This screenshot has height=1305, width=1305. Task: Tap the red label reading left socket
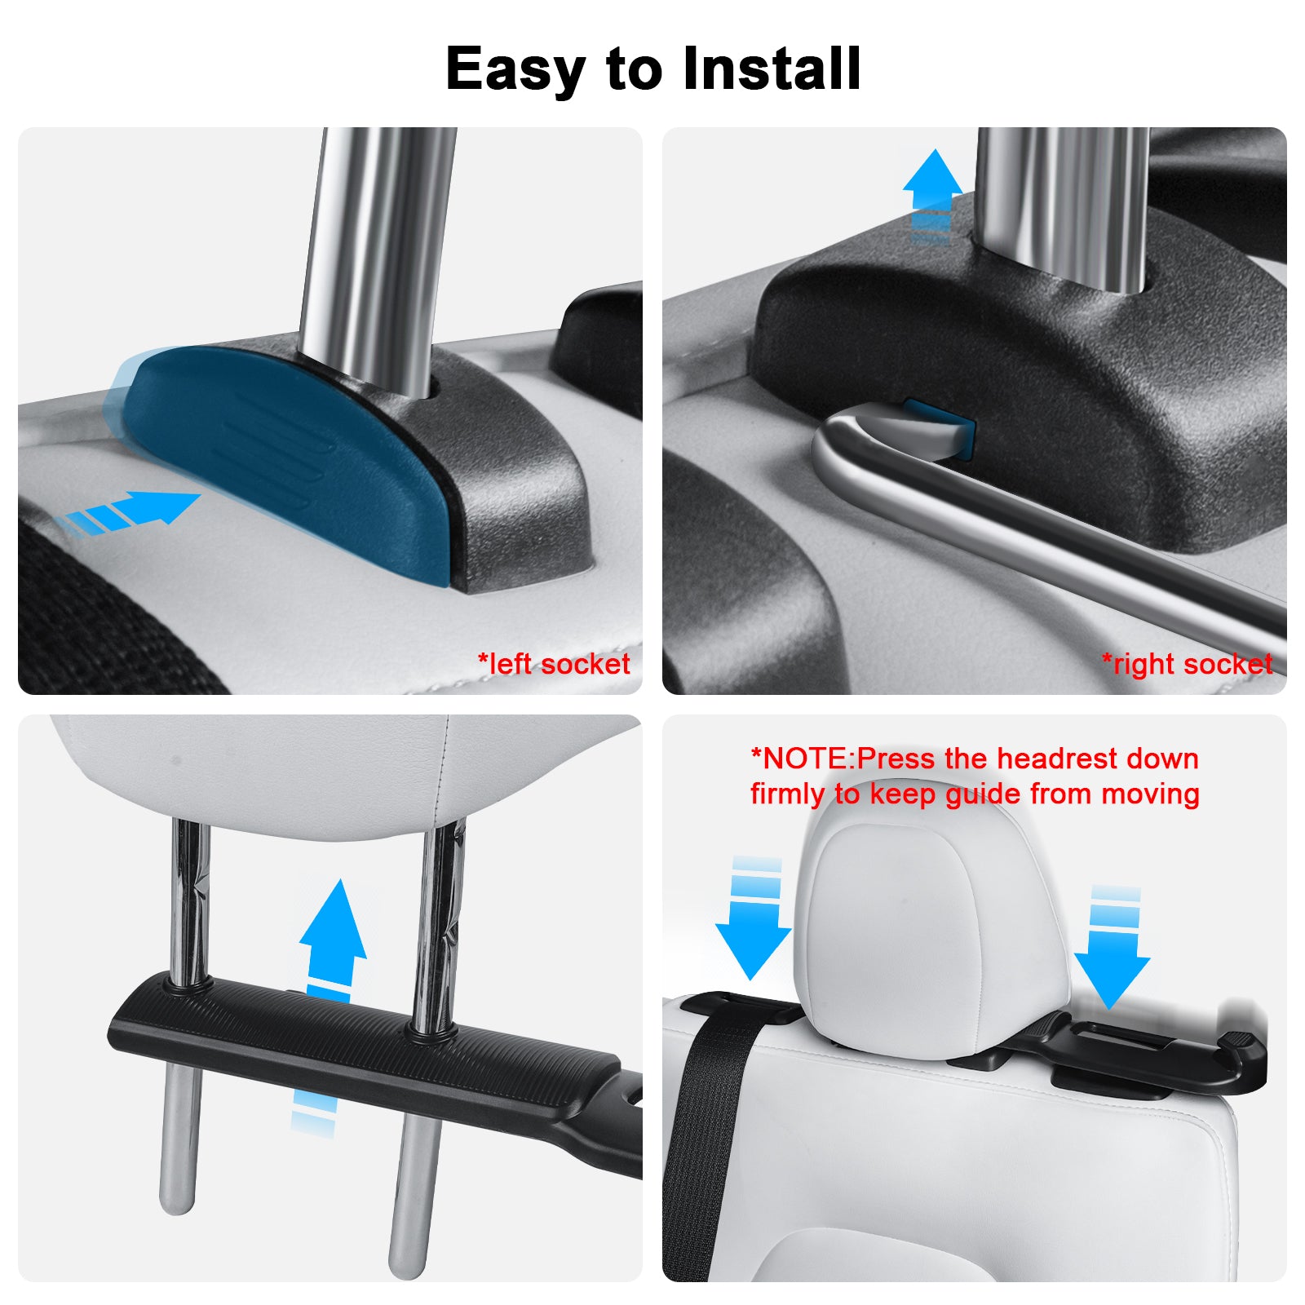pos(554,663)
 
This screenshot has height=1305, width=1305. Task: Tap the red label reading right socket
pos(1187,664)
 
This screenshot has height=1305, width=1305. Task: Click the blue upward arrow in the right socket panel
pos(932,196)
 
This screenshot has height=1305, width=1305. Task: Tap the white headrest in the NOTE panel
pos(930,930)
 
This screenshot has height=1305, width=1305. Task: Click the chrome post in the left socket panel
pos(379,261)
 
